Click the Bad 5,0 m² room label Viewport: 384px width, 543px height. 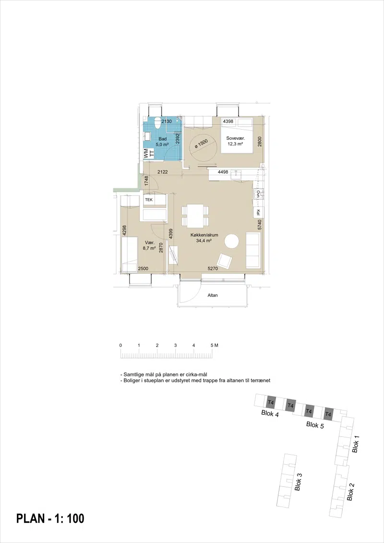[162, 142]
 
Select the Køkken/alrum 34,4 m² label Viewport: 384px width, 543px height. [204, 238]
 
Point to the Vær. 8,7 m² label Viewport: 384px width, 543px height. [149, 245]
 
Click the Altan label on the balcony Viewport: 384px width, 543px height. [213, 295]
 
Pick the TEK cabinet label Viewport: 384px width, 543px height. [148, 200]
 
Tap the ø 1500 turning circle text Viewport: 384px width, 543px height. [201, 144]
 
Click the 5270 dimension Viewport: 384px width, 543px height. [213, 268]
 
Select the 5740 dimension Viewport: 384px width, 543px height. [259, 225]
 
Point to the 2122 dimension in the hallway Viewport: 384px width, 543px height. [163, 172]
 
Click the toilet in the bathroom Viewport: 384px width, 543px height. [158, 122]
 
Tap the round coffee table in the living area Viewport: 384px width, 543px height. [232, 241]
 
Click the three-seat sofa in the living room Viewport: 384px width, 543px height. [253, 250]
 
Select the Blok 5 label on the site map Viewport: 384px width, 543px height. [315, 425]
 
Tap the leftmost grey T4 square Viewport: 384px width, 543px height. [271, 402]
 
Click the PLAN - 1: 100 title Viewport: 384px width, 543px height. [50, 519]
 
